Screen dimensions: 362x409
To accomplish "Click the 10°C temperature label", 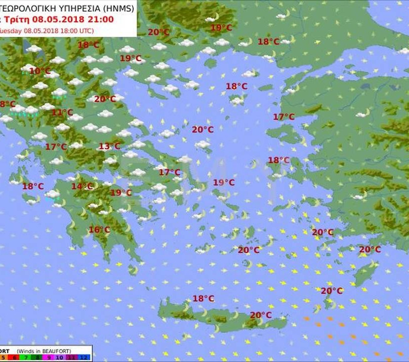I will click(x=40, y=71).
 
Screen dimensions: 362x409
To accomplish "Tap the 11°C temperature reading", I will click(x=62, y=113).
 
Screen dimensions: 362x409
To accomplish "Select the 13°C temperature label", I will click(x=109, y=146).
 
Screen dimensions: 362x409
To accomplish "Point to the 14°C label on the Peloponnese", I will click(x=82, y=187).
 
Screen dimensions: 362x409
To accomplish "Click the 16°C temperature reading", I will click(x=99, y=230).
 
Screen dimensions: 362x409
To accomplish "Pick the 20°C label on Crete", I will click(x=261, y=315).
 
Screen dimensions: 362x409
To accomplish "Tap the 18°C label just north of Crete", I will click(x=203, y=299).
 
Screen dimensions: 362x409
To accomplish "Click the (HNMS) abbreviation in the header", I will click(x=118, y=8).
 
